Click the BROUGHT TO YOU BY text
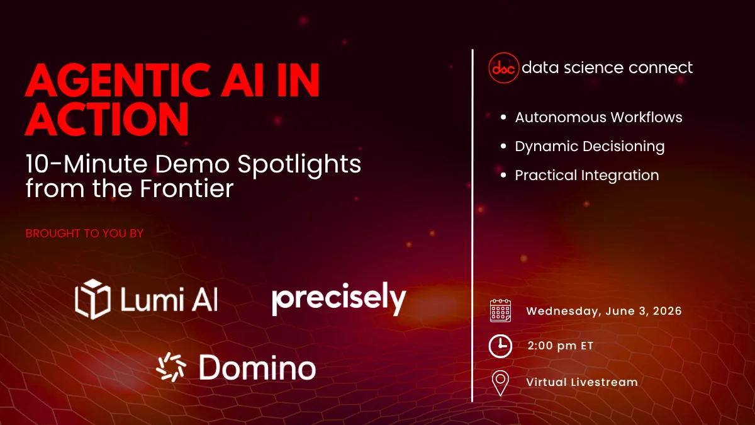[84, 234]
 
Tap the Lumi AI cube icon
[92, 297]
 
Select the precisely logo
[338, 300]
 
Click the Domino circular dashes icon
[172, 367]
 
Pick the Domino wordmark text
[257, 367]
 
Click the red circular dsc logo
[503, 68]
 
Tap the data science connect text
[607, 67]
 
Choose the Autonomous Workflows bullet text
[598, 118]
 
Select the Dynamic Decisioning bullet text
[590, 147]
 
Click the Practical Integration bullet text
[587, 176]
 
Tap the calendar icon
[500, 311]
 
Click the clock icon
[500, 346]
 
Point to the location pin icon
[500, 382]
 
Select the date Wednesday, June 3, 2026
[604, 311]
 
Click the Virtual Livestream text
[582, 382]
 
